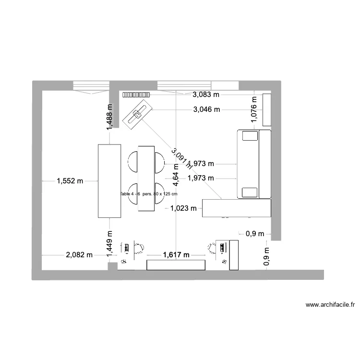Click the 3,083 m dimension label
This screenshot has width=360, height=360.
pos(207,95)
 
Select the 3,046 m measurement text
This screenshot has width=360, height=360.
pos(207,109)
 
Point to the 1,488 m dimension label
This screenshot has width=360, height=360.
pos(110,117)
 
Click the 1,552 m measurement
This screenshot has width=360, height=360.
pos(70,181)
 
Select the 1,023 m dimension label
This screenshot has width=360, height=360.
pos(184,208)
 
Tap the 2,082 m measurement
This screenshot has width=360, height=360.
pos(79,255)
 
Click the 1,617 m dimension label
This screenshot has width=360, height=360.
pos(176,255)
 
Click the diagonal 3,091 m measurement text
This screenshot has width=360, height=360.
pos(181,159)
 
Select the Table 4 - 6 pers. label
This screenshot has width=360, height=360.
pos(149,194)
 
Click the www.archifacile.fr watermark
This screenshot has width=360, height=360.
pos(330,304)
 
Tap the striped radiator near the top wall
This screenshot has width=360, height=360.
pos(136,95)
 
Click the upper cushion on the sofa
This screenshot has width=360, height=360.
pos(250,136)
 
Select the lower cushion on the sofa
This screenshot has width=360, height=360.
pos(250,192)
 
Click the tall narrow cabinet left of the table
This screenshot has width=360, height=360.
pos(109,180)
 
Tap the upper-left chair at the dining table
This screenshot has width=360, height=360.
pos(133,161)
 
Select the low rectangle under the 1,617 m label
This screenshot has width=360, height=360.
pos(176,264)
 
